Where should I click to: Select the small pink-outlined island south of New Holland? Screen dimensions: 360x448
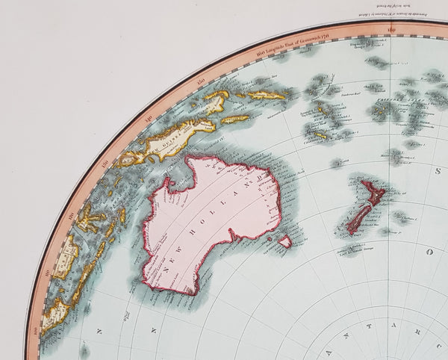(x=284, y=242)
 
